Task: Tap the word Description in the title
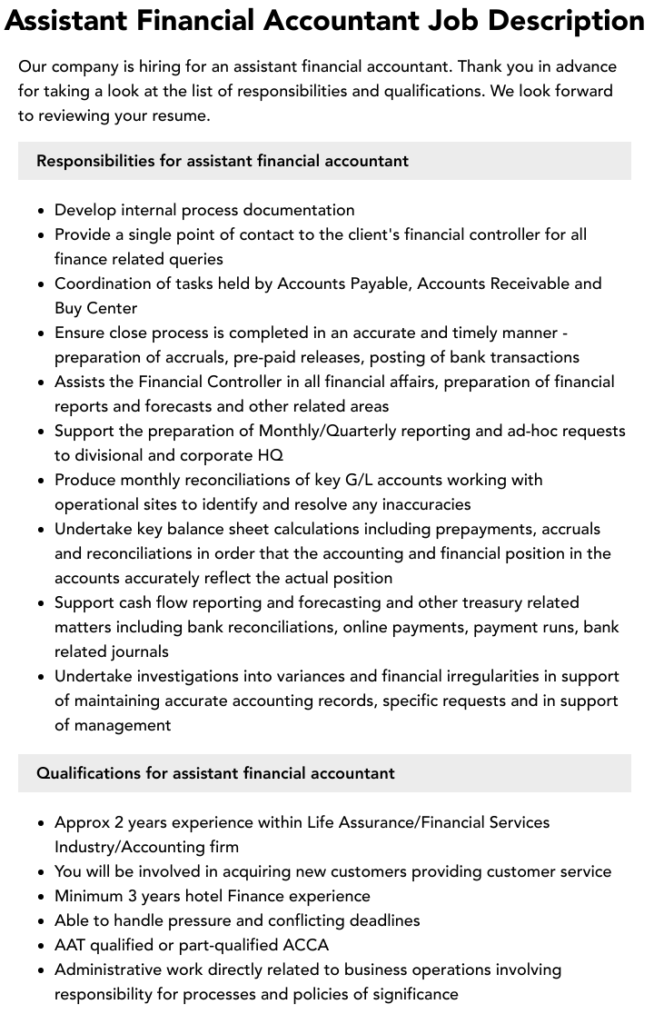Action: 565,20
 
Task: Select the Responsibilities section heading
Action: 223,161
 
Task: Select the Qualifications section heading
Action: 215,773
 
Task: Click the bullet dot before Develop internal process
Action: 42,211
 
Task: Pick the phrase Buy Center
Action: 95,308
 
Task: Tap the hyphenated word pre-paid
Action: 243,357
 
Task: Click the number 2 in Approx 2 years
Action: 118,822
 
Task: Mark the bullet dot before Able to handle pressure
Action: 42,921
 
